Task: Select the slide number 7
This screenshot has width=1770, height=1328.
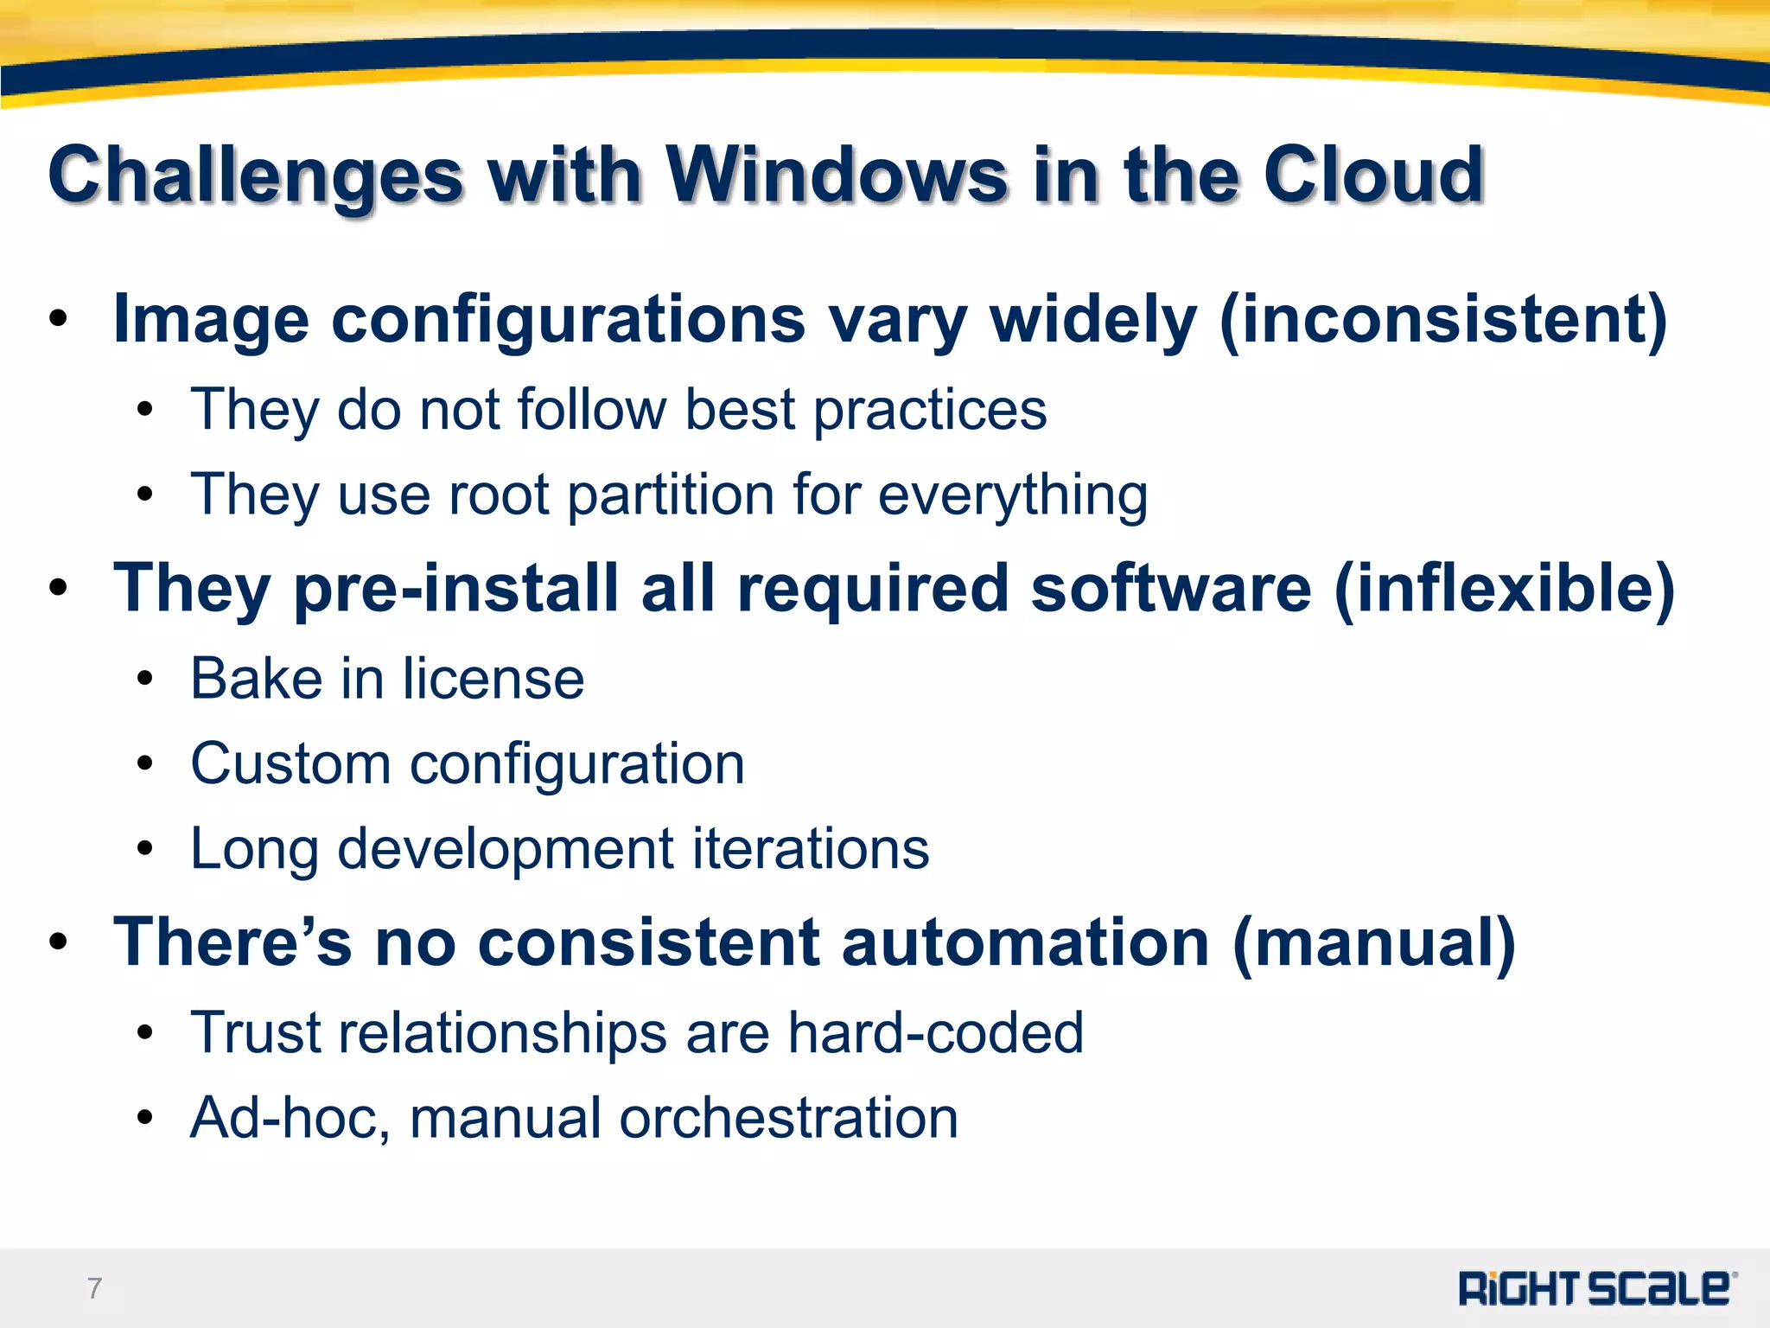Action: (x=94, y=1288)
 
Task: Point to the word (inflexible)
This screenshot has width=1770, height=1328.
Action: (x=1505, y=588)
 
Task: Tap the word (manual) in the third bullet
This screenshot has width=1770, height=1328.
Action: (x=1374, y=942)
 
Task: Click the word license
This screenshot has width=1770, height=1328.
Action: (x=493, y=679)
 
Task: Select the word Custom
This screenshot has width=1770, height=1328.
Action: (x=290, y=764)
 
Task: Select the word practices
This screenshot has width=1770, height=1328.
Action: (x=930, y=410)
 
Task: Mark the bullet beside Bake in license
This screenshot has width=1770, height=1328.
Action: (x=144, y=680)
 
